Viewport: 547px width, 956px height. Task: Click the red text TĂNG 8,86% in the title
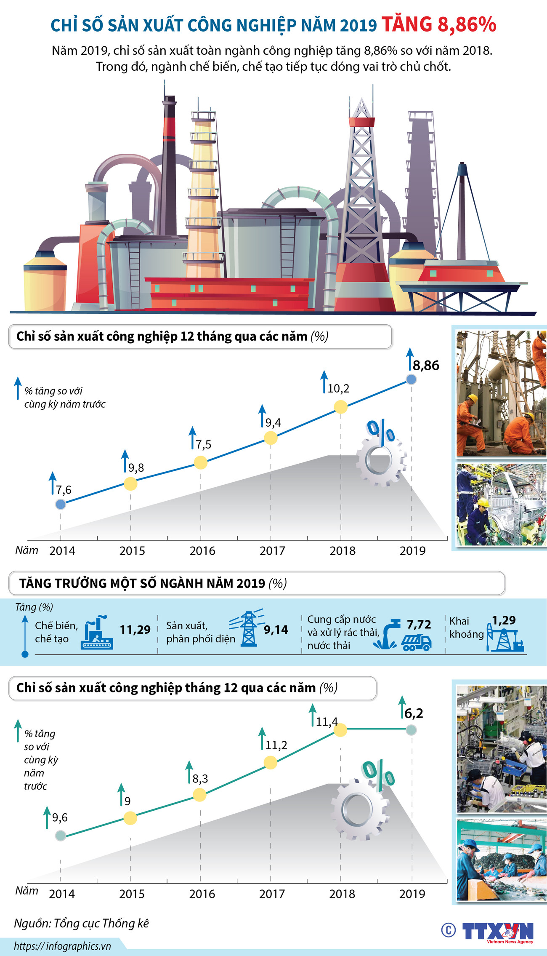(x=439, y=24)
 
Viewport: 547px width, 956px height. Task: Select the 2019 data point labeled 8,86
(x=411, y=379)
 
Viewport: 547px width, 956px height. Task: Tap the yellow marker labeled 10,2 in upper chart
(x=340, y=407)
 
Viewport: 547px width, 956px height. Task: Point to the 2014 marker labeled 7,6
(x=61, y=504)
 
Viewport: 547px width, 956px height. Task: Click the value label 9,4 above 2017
(x=273, y=422)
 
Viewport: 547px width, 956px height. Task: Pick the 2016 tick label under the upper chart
(x=202, y=551)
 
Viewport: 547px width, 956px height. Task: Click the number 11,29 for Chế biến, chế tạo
(x=135, y=630)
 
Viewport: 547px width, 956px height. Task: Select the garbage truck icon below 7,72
(x=416, y=642)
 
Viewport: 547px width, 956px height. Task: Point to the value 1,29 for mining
(x=504, y=620)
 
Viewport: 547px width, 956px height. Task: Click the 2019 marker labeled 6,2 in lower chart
(x=412, y=730)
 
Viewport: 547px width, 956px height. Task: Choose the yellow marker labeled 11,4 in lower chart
(x=340, y=730)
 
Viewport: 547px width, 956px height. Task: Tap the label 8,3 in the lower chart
(x=200, y=779)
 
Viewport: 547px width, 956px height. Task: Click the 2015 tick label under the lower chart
(x=132, y=894)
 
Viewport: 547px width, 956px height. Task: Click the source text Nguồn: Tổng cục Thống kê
(x=82, y=923)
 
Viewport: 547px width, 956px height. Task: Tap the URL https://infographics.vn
(x=62, y=946)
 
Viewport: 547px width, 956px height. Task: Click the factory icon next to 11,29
(x=98, y=633)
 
